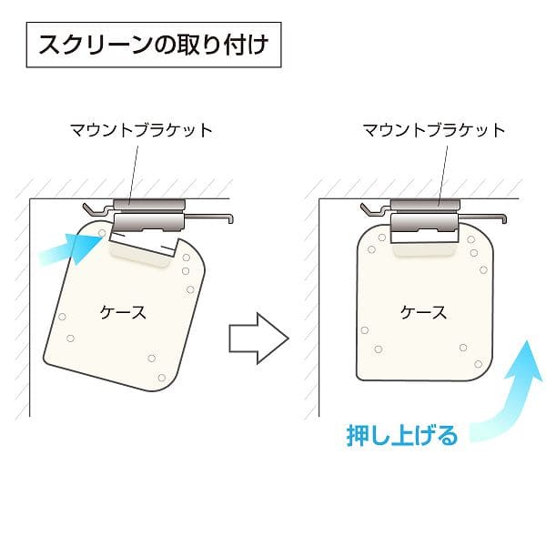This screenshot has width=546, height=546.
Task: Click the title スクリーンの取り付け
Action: click(154, 45)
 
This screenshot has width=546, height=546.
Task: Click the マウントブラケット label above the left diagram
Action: click(142, 130)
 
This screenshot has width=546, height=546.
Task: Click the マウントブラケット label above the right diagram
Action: click(434, 130)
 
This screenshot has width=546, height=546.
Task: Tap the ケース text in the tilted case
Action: click(123, 312)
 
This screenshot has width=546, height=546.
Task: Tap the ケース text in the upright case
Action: click(423, 312)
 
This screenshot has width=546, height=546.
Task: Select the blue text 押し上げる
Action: click(401, 435)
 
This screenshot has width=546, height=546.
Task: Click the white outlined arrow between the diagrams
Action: click(259, 339)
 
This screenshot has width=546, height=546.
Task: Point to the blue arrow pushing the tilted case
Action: click(71, 248)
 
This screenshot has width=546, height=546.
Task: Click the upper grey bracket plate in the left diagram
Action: click(149, 204)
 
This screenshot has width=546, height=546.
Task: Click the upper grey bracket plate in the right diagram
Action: click(425, 204)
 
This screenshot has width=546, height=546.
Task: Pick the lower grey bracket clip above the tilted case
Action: click(149, 223)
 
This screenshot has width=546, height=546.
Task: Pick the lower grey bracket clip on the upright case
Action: click(424, 223)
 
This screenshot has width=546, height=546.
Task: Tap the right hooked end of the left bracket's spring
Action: click(230, 219)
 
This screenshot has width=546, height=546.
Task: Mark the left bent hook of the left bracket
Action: click(90, 209)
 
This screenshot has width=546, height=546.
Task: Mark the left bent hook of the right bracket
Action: click(368, 209)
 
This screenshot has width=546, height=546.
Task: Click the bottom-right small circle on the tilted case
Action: click(162, 378)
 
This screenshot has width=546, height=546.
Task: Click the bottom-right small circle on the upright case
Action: click(479, 364)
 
